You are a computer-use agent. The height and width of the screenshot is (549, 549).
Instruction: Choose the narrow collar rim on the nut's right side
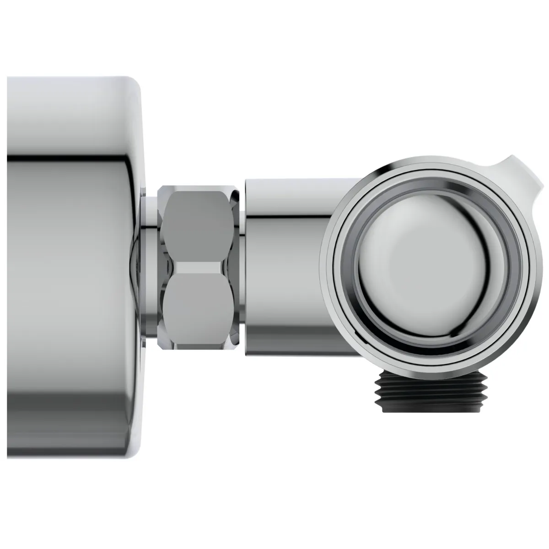[x=235, y=265]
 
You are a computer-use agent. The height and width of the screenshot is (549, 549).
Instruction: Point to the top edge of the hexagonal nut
[x=198, y=187]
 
